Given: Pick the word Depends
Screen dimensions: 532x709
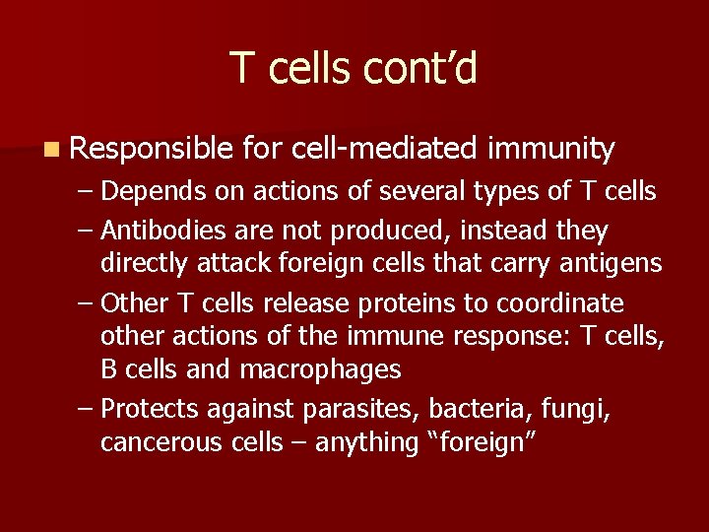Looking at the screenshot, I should click(150, 190).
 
